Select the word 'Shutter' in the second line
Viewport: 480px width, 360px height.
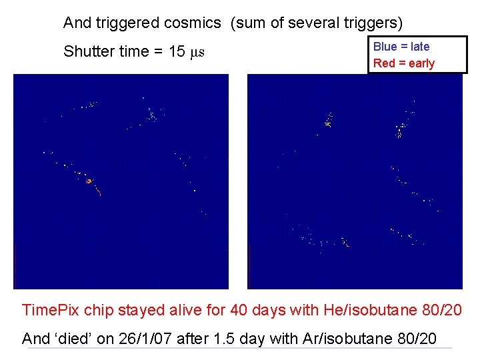pos(87,52)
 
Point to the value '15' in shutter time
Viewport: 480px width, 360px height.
pos(177,52)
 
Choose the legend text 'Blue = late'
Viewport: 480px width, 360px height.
pos(401,47)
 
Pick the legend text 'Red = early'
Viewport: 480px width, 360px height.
pos(404,63)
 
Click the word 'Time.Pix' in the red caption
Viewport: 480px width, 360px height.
pos(51,310)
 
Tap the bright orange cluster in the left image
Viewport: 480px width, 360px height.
pos(89,181)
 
